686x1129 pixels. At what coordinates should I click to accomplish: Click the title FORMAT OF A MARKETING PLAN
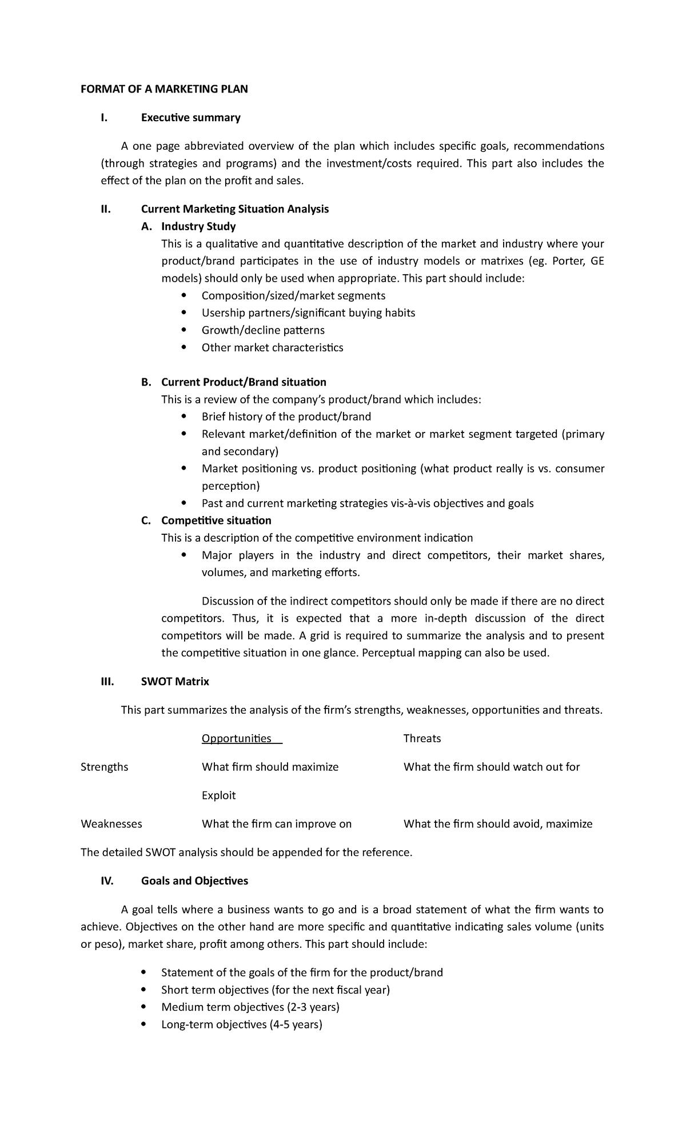tap(165, 89)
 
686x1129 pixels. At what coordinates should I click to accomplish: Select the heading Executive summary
tap(190, 118)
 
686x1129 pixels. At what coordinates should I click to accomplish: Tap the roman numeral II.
tap(105, 209)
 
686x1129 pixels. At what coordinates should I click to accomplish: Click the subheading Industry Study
tap(198, 227)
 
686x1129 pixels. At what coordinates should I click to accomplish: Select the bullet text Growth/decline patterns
tap(263, 330)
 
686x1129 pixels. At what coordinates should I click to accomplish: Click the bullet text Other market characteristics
tap(272, 347)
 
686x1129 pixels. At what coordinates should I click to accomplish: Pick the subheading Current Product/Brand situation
tap(244, 382)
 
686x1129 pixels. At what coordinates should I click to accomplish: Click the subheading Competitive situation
tap(216, 521)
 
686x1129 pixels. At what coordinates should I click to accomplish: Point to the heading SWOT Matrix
tap(175, 682)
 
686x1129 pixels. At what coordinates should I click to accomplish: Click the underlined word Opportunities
tap(237, 739)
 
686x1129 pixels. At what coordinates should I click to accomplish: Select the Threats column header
tap(422, 739)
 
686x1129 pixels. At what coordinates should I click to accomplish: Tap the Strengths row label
tap(105, 767)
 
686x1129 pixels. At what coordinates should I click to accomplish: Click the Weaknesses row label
tap(111, 824)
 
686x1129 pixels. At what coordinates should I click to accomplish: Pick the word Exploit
tap(218, 795)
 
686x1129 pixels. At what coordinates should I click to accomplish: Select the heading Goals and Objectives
tap(194, 881)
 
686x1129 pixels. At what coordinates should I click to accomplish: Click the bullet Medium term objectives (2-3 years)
tap(250, 1007)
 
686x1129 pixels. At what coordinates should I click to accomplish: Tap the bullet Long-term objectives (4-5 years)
tap(242, 1024)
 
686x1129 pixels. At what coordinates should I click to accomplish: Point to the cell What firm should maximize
tap(270, 767)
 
